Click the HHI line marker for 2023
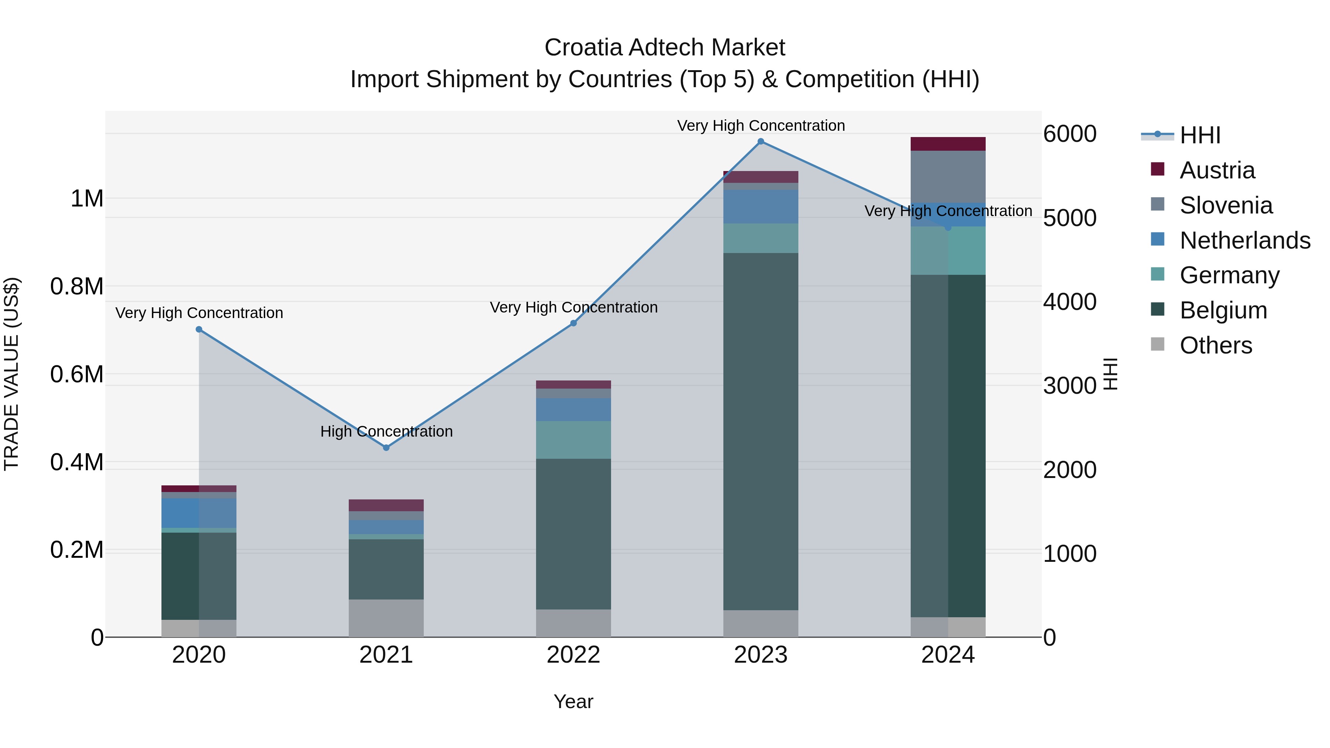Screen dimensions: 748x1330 (761, 141)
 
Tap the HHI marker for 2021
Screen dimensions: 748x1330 (386, 448)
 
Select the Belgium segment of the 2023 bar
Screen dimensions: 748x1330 (761, 431)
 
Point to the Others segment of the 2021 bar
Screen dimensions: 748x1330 (386, 618)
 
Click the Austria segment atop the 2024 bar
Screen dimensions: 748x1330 (948, 144)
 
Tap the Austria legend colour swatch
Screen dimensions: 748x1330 (1157, 169)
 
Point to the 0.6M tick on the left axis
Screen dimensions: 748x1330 (77, 374)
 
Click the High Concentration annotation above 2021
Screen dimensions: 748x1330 (386, 431)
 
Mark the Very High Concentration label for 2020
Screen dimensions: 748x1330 (199, 313)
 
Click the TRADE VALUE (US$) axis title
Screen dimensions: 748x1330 (11, 374)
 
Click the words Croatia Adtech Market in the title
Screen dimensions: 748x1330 (665, 48)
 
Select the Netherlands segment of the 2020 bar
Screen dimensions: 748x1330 (199, 513)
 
